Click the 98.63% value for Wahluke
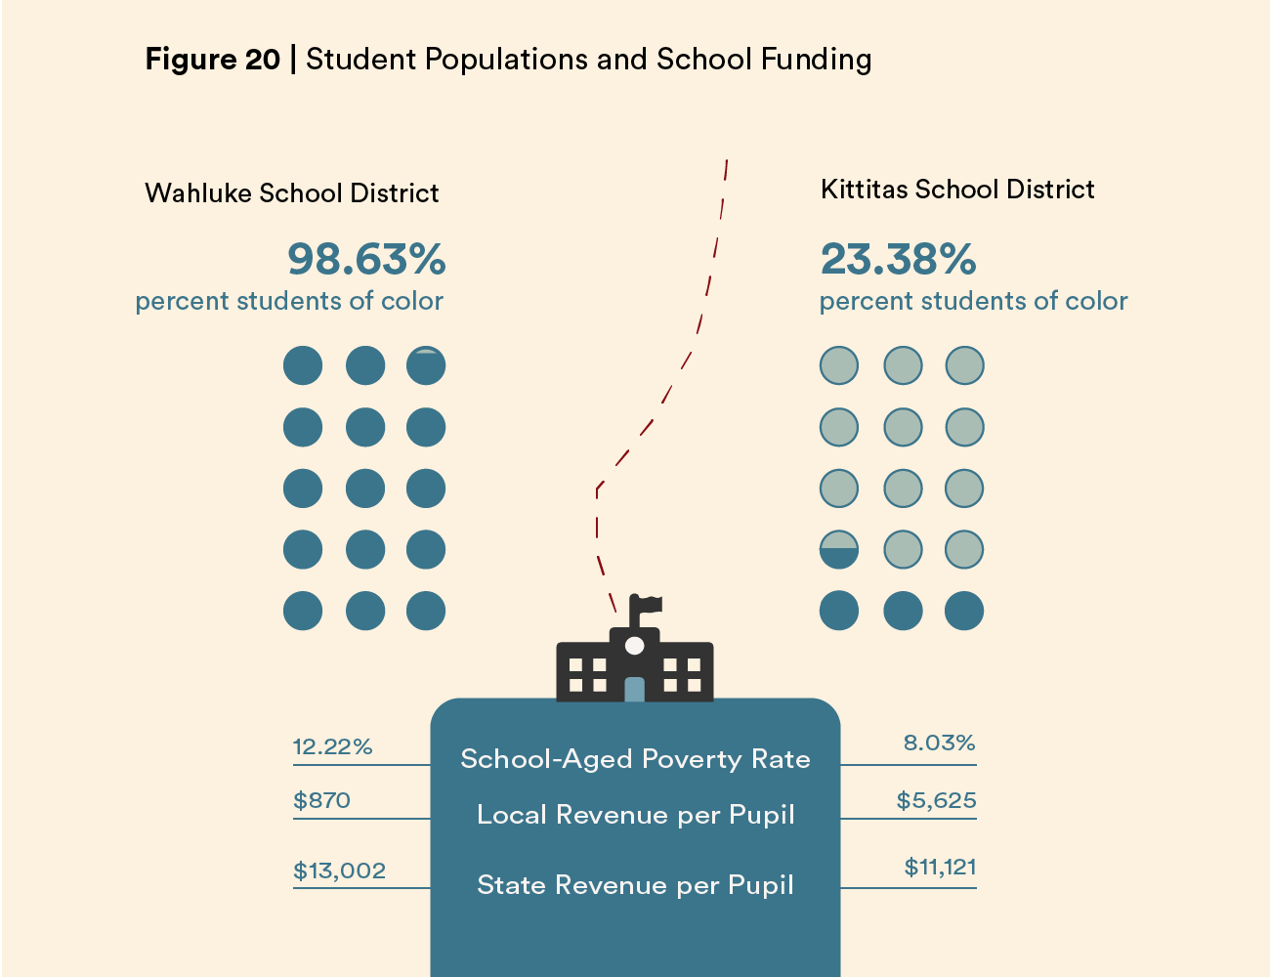pos(366,260)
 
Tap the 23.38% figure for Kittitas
pos(898,260)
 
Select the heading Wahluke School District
pos(292,193)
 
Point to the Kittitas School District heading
pos(957,190)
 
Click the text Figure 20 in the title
pos(212,60)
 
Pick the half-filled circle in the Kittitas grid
pos(839,550)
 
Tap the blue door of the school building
pos(635,689)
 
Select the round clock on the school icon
pos(635,645)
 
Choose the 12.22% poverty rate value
pos(332,747)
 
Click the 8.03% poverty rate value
pos(939,743)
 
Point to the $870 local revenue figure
pos(321,801)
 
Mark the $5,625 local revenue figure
pos(936,801)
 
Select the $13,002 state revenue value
pos(339,871)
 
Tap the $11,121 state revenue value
pos(940,868)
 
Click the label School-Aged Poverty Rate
pos(635,760)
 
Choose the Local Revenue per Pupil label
pos(635,815)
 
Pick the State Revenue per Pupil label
pos(635,885)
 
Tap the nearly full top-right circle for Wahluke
pos(426,365)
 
